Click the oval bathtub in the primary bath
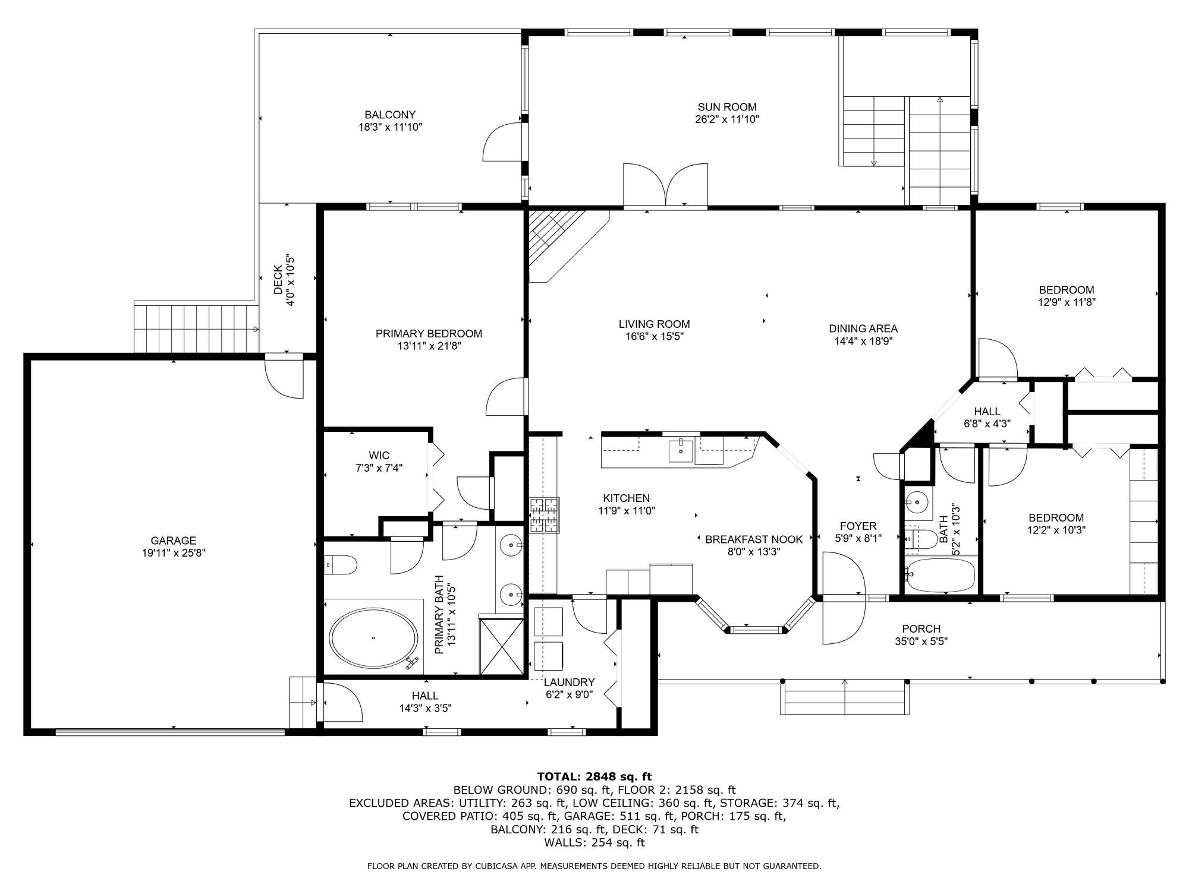coord(373,638)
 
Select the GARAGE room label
coord(173,541)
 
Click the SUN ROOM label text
coord(727,107)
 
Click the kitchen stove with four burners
coord(545,514)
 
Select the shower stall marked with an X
coord(501,646)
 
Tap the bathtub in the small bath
coord(941,574)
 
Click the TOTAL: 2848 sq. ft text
coord(594,776)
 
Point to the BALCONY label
coord(390,115)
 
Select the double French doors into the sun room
coord(665,185)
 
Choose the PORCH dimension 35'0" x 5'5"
coord(921,642)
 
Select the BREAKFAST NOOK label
coord(754,539)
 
